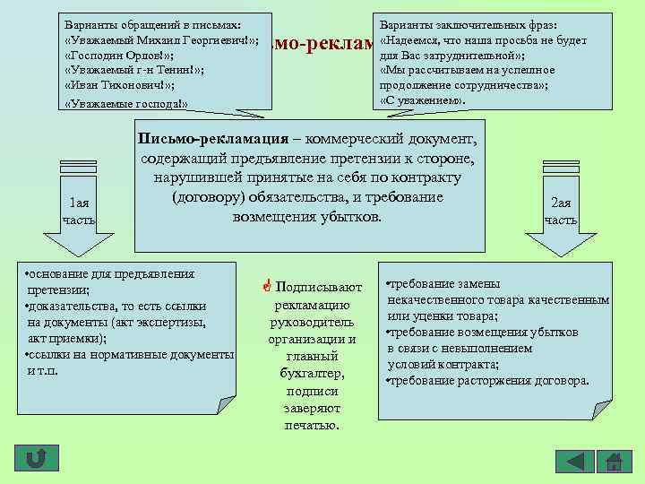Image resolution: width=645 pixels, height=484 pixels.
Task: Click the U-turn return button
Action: pyautogui.click(x=37, y=460)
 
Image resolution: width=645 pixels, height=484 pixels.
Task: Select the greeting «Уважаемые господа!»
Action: pyautogui.click(x=126, y=104)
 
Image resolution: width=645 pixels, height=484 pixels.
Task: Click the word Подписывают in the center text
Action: pyautogui.click(x=320, y=288)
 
